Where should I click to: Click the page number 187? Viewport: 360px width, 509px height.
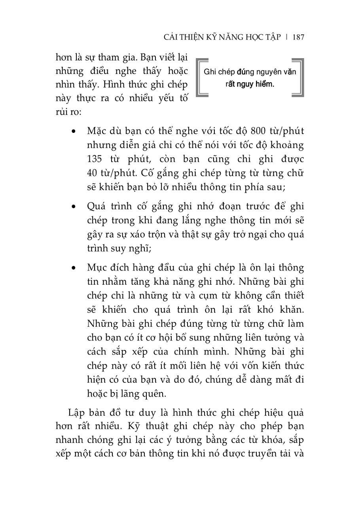coord(298,37)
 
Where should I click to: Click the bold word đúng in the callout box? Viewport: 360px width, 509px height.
coord(245,72)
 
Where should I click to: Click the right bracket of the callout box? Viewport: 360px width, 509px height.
coord(299,78)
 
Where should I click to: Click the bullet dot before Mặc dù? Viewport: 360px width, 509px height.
coord(73,131)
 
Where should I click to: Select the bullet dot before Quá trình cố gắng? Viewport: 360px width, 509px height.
coord(73,206)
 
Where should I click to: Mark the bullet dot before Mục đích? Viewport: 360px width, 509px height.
coord(73,268)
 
